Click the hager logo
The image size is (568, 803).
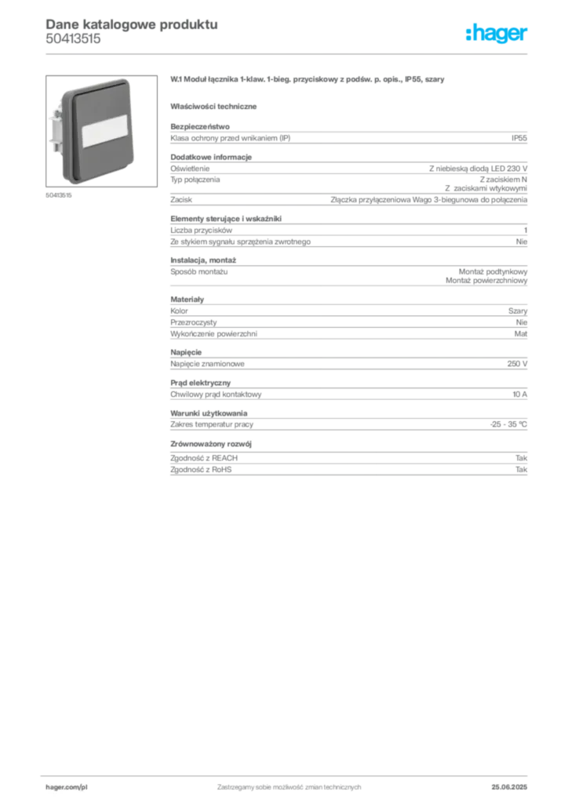497,33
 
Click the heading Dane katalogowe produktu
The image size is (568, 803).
132,24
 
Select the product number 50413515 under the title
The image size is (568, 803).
73,39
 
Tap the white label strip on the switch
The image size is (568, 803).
105,130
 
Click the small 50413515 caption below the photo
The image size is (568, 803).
58,195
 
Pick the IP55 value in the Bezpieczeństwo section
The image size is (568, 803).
519,138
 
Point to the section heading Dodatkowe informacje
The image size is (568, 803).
211,157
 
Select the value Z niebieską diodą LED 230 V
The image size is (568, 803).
478,169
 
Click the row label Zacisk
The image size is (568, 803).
181,200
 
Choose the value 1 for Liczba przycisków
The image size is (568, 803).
526,231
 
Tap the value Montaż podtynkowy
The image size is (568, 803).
493,272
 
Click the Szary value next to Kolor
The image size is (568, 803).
517,311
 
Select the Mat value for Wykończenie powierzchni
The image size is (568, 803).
520,334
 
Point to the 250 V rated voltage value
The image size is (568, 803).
517,364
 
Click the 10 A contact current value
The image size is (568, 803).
519,394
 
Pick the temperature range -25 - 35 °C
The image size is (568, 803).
508,424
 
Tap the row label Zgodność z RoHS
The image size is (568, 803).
201,470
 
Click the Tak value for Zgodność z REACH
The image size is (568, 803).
521,458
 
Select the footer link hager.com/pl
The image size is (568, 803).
67,787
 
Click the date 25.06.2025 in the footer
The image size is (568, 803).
509,787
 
